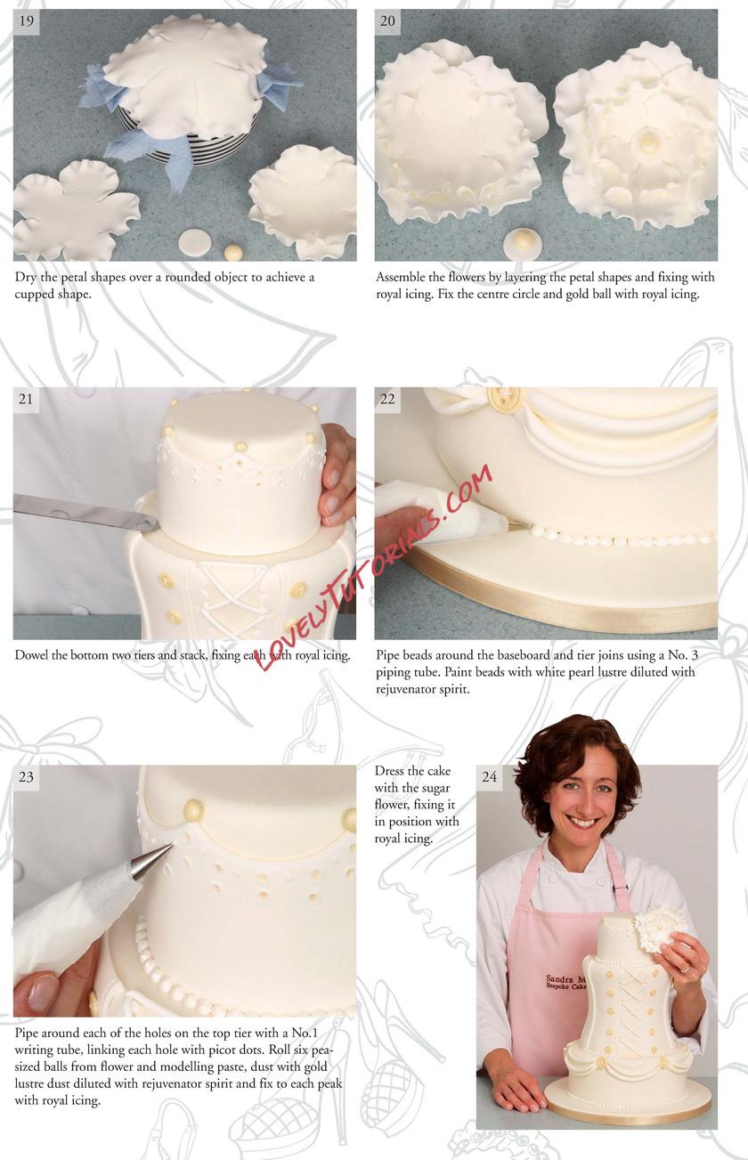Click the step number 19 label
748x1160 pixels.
coord(26,21)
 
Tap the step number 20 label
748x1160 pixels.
coord(387,21)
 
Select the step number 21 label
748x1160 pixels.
coord(26,399)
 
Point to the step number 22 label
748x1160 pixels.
coord(387,399)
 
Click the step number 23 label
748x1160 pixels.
coord(26,777)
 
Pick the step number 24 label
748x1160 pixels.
coord(489,777)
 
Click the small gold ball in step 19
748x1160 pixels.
coord(233,252)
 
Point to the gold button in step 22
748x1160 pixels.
coord(502,398)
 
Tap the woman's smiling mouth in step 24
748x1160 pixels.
coord(583,821)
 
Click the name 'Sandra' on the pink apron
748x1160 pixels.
coord(558,978)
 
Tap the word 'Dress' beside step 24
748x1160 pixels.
coord(389,771)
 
